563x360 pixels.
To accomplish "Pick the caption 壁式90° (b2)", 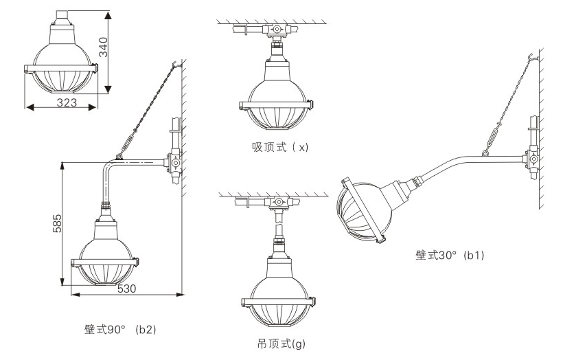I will (116, 328).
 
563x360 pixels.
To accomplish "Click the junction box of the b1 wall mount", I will (532, 159).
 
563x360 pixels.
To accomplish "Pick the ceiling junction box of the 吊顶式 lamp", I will (279, 203).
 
